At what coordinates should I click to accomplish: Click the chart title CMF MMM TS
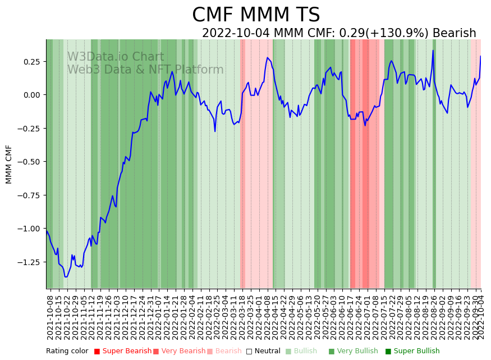pos(256,15)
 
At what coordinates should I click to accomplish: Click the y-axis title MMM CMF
pos(9,164)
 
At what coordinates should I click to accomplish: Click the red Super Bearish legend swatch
pos(97,352)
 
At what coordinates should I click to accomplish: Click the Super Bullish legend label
pos(416,352)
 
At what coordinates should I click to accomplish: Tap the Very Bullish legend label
pos(357,352)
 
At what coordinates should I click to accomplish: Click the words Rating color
pos(67,352)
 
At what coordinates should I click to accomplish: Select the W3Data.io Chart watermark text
pos(116,57)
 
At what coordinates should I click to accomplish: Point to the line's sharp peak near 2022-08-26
pos(433,51)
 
